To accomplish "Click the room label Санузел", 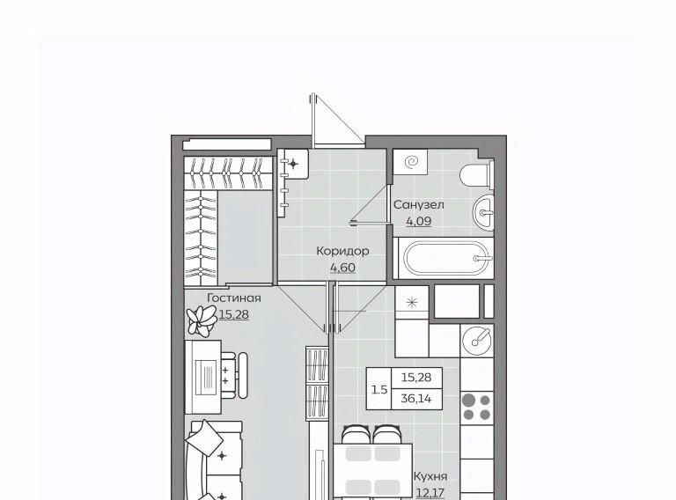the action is click(x=418, y=204).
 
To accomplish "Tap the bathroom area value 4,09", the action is click(x=419, y=222).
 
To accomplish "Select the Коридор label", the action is click(x=342, y=251).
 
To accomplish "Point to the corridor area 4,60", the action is click(x=342, y=268).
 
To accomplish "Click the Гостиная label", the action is click(x=234, y=298).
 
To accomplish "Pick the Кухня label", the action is click(x=430, y=476).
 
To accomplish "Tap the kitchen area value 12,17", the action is click(x=430, y=493).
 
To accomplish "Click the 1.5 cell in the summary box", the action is click(x=379, y=390).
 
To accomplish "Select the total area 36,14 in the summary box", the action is click(x=416, y=398).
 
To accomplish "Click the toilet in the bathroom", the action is click(x=476, y=175).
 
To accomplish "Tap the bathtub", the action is click(x=447, y=259).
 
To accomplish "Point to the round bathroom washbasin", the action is click(x=483, y=212).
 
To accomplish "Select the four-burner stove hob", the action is click(x=476, y=408).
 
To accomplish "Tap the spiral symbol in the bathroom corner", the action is click(x=411, y=162).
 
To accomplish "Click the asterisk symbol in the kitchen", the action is click(x=412, y=303).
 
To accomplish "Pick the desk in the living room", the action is click(x=203, y=377).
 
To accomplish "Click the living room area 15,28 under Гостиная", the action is click(x=233, y=314).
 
